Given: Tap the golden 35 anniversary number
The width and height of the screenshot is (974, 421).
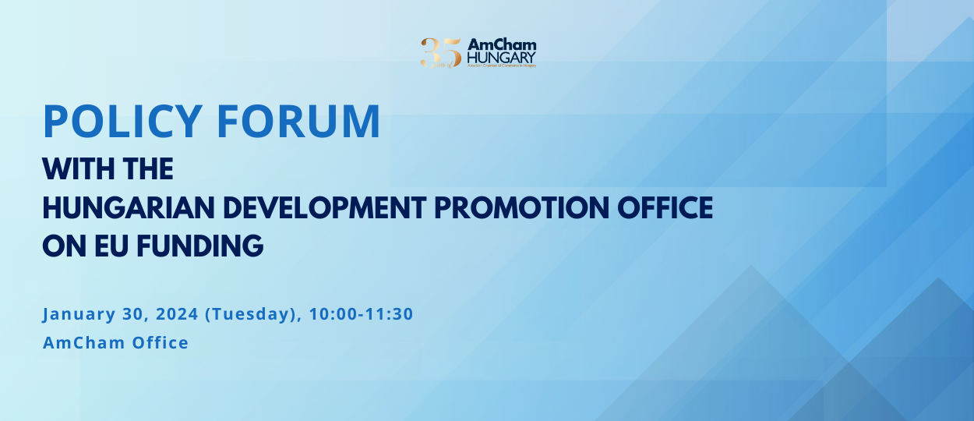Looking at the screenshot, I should pos(440,53).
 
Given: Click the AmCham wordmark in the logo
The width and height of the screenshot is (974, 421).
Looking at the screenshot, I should pos(502,44).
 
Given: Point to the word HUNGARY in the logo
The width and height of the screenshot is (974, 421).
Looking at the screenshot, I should pos(502,57).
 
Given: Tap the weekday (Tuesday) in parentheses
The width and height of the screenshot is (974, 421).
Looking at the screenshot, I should pos(250,315).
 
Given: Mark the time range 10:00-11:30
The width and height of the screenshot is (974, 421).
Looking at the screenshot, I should pos(361,314).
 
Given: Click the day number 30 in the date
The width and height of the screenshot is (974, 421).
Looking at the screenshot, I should pos(129,314).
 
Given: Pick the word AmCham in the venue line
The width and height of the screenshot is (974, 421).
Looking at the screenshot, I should pos(76,342).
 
